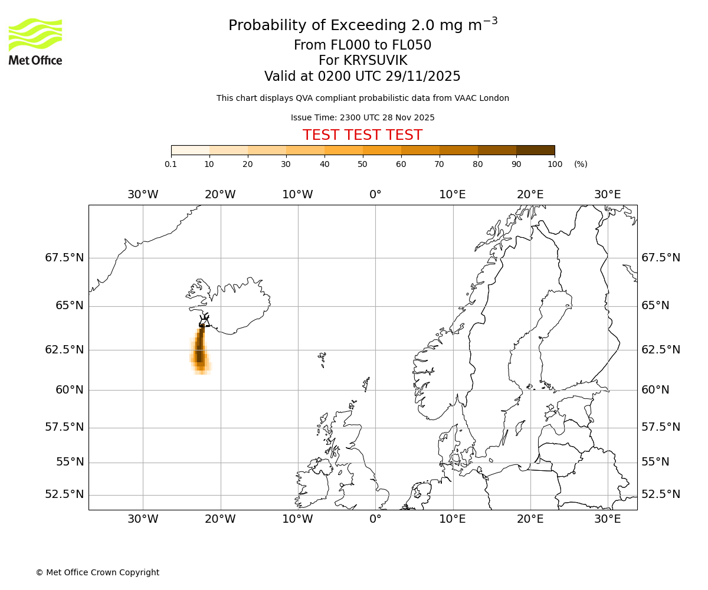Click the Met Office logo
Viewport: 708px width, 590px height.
(35, 41)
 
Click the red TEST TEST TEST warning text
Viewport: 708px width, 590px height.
(362, 135)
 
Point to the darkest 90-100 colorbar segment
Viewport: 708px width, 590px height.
(535, 150)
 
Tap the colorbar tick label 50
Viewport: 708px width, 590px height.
(362, 164)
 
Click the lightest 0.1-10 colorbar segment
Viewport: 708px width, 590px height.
(191, 150)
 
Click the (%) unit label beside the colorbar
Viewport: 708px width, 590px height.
(581, 164)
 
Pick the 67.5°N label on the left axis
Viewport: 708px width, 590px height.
(64, 258)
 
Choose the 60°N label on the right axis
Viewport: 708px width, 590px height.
(655, 390)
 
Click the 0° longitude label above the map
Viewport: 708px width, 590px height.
(375, 195)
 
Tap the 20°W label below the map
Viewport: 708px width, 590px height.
(220, 519)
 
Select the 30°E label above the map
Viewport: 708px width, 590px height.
(607, 195)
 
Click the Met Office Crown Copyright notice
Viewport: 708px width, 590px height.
(97, 572)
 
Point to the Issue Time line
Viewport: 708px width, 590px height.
(362, 117)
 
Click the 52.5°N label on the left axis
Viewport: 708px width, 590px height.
(64, 494)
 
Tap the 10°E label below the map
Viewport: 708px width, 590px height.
(453, 519)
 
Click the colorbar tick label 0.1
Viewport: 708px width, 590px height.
(171, 164)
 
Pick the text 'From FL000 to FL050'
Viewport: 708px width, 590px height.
(362, 45)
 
